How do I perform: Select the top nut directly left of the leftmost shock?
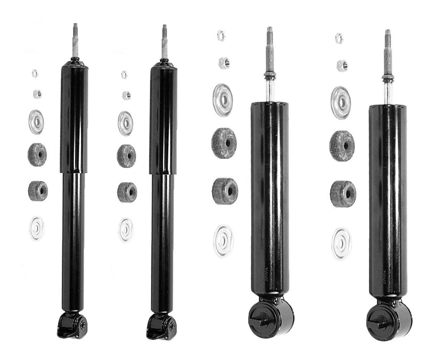[x=35, y=73]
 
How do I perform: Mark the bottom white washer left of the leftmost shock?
[x=37, y=226]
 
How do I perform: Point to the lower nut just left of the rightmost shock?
[x=341, y=63]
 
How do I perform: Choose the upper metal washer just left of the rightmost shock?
[x=341, y=97]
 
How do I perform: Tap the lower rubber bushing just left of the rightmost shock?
[x=341, y=191]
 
